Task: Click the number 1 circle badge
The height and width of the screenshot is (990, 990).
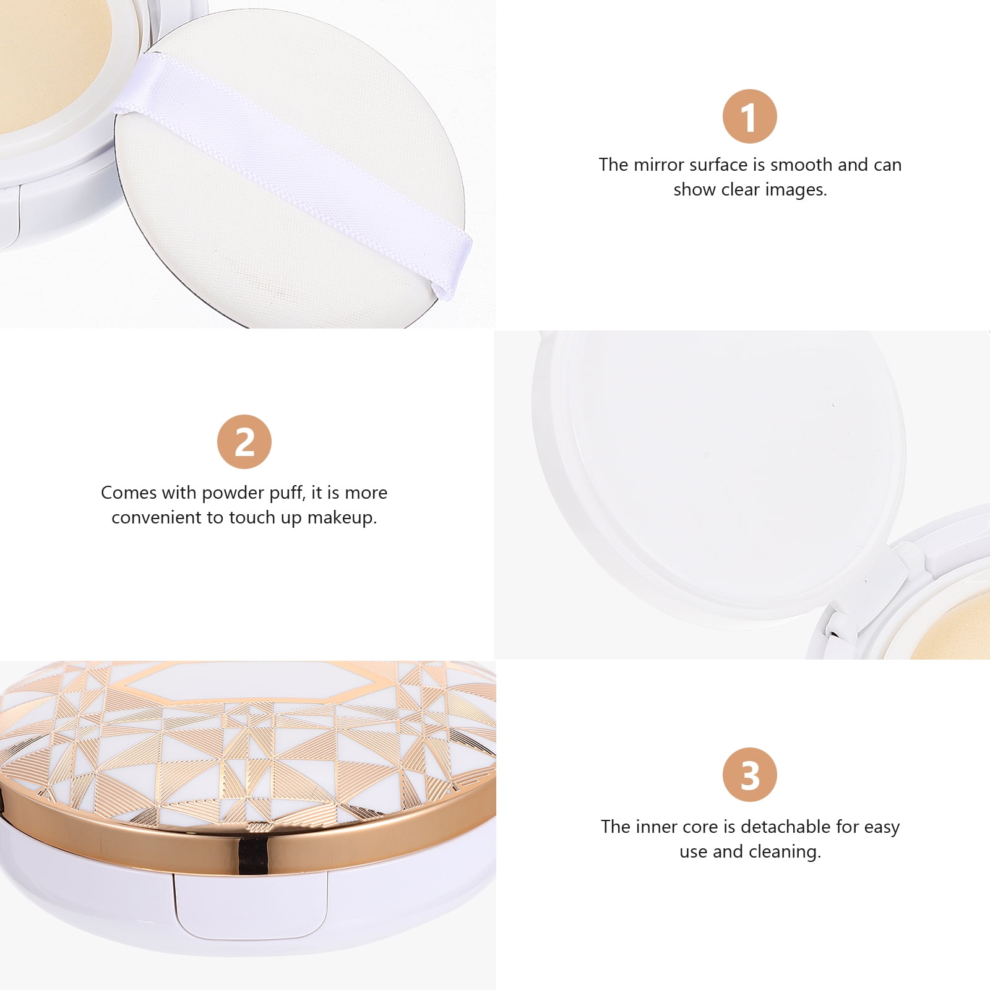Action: pyautogui.click(x=749, y=116)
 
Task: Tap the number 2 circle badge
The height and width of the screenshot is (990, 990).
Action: pyautogui.click(x=244, y=442)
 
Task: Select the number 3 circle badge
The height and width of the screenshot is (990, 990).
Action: pyautogui.click(x=749, y=775)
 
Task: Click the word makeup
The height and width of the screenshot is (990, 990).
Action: pyautogui.click(x=342, y=518)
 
